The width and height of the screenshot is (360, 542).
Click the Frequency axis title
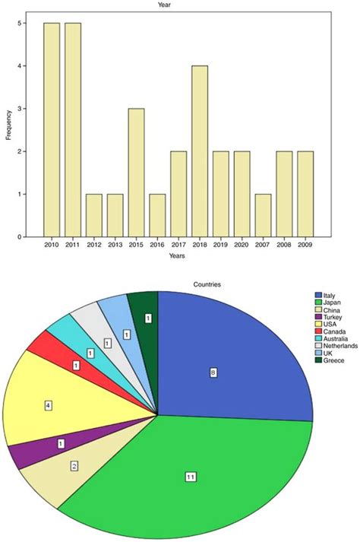(8, 130)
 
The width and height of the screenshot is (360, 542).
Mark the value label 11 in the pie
(191, 477)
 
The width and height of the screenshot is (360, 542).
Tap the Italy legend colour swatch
(318, 295)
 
